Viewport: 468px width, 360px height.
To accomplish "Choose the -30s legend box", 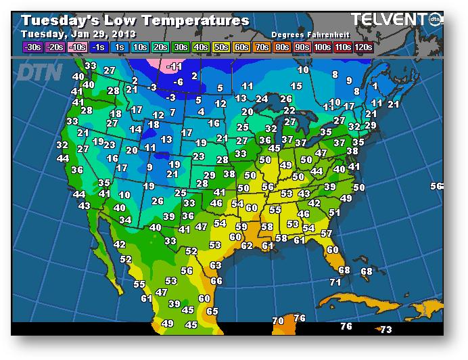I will coord(31,47).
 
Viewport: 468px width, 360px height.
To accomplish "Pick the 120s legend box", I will coord(363,47).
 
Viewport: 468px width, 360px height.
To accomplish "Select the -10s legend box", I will coord(78,47).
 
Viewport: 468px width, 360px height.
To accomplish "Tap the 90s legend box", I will coord(302,47).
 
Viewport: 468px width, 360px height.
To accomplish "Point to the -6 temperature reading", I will coord(178,81).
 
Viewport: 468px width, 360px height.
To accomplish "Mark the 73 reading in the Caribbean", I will coord(385,330).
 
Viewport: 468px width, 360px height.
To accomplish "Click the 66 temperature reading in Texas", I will coord(216,280).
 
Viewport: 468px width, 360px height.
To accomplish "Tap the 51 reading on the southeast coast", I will coord(334,212).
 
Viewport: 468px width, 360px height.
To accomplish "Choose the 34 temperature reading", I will coord(125,220).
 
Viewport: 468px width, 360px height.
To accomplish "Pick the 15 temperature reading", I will coord(296,86).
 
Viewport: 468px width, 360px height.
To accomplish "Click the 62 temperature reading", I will coord(247,246).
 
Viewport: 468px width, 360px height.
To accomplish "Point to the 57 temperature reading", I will coord(327,233).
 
